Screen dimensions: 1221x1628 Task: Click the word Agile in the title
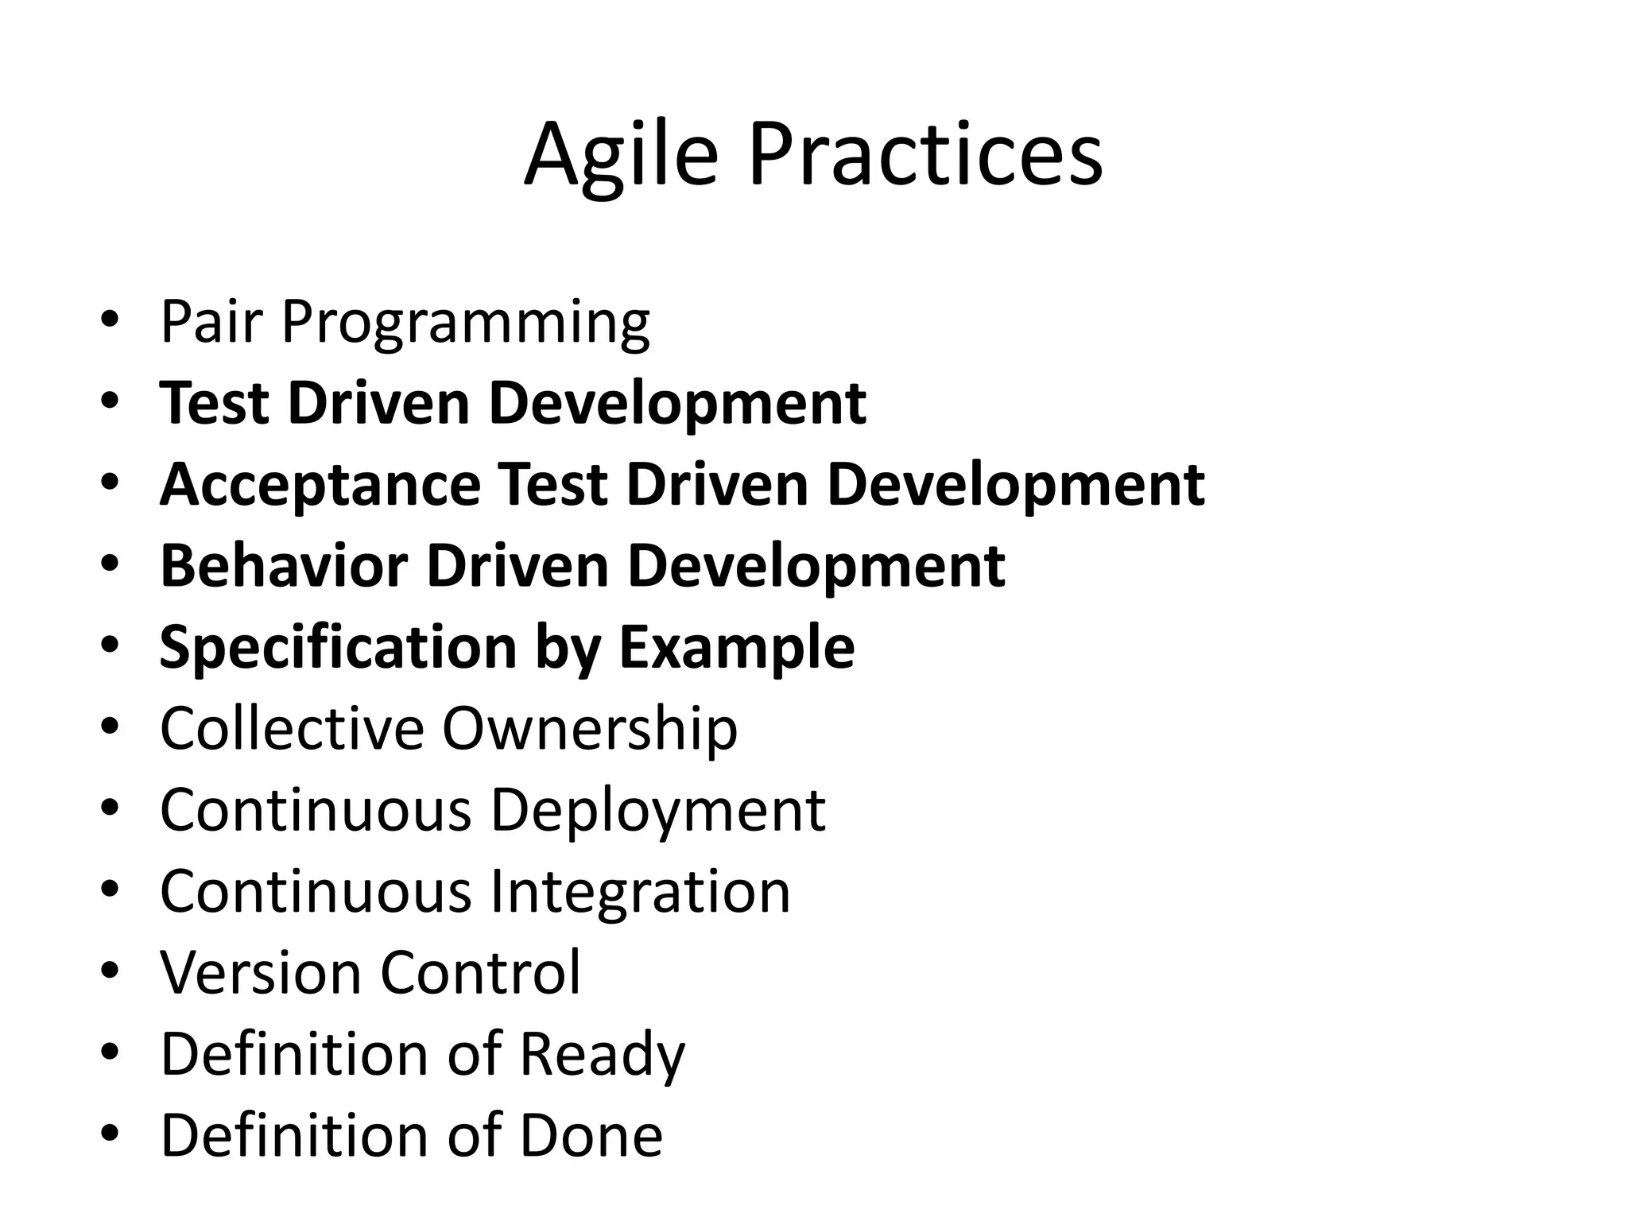(x=620, y=154)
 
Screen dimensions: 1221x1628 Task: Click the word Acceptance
(x=320, y=485)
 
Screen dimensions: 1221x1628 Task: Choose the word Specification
(x=338, y=648)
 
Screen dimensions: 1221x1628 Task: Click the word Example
(x=736, y=648)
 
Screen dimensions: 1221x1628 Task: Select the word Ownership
(x=590, y=729)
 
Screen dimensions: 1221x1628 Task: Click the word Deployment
(x=657, y=811)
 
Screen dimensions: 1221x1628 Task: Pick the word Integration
(x=640, y=892)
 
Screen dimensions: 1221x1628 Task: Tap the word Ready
(x=602, y=1055)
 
